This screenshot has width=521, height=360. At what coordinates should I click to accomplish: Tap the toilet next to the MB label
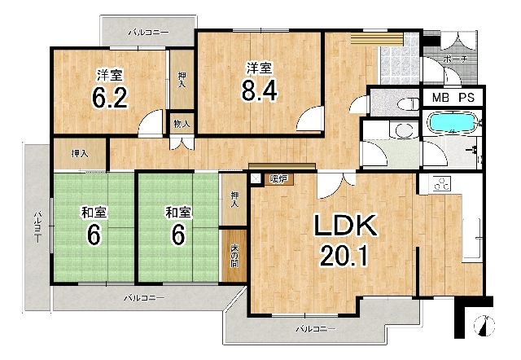(409, 103)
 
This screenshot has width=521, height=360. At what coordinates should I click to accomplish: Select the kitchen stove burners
(441, 183)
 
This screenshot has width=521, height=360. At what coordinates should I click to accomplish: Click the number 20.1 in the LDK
(344, 256)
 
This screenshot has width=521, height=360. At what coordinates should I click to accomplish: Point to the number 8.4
(259, 90)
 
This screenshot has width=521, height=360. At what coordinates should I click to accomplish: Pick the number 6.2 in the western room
(110, 98)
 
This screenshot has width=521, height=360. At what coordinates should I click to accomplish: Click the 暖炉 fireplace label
(278, 179)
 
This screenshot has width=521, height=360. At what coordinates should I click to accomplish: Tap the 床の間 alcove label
(235, 256)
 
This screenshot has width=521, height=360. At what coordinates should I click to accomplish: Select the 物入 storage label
(182, 124)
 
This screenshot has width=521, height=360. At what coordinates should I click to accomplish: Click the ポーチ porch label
(455, 59)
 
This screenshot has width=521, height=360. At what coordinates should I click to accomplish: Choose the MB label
(440, 98)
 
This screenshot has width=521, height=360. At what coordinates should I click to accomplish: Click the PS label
(466, 98)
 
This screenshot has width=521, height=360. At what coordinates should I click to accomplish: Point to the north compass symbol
(484, 326)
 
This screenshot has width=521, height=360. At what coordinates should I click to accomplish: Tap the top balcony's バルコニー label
(149, 33)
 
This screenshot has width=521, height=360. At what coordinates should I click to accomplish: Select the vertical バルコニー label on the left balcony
(37, 226)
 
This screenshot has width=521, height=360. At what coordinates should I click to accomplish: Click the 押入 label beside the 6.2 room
(182, 80)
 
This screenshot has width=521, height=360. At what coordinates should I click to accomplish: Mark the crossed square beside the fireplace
(256, 179)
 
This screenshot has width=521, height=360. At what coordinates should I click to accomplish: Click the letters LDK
(345, 226)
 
